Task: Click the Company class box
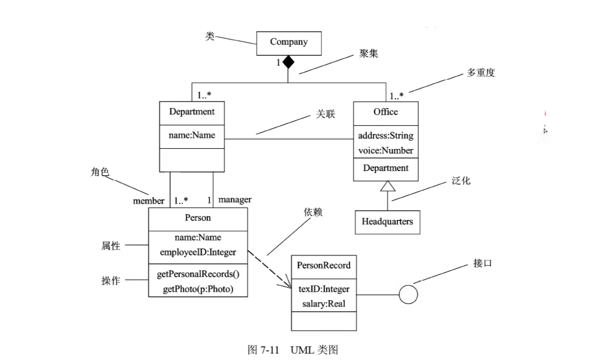pyautogui.click(x=289, y=43)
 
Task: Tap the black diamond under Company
pyautogui.click(x=288, y=62)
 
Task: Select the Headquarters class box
pyautogui.click(x=387, y=222)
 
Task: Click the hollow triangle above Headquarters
pyautogui.click(x=387, y=186)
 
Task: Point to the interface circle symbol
pyautogui.click(x=408, y=295)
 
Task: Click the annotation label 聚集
pyautogui.click(x=369, y=54)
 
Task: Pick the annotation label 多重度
pyautogui.click(x=481, y=73)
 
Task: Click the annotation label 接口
pyautogui.click(x=482, y=264)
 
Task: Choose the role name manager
pyautogui.click(x=235, y=200)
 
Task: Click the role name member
pyautogui.click(x=149, y=201)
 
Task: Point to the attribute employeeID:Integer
pyautogui.click(x=198, y=253)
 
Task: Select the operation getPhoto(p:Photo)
pyautogui.click(x=198, y=289)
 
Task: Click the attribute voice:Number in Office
pyautogui.click(x=386, y=150)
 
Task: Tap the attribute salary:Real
pyautogui.click(x=324, y=304)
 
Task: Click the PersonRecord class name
pyautogui.click(x=324, y=265)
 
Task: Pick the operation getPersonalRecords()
pyautogui.click(x=198, y=274)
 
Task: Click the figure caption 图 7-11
pyautogui.click(x=263, y=350)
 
